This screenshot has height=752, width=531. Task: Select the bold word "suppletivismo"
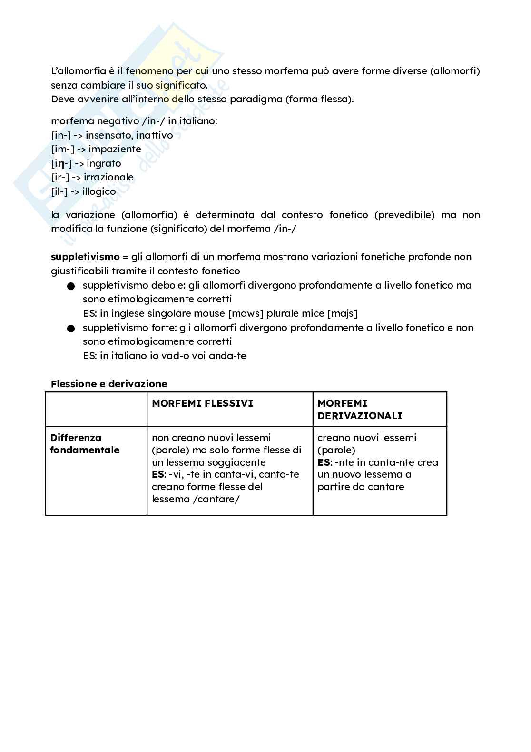point(85,257)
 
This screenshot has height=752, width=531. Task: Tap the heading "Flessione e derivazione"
point(109,384)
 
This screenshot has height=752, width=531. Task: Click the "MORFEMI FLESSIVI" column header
point(202,403)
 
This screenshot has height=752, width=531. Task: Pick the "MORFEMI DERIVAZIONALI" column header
point(360,410)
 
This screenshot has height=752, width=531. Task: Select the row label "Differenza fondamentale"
point(85,444)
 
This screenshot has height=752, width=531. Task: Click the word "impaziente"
point(115,149)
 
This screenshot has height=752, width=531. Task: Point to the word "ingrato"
point(104,163)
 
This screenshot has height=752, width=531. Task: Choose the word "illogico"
point(99,191)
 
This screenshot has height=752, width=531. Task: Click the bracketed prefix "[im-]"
point(63,149)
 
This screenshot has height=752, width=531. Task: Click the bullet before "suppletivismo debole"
point(71,286)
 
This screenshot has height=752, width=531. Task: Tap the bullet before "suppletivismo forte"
point(71,329)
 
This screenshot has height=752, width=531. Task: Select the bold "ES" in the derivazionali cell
point(324,462)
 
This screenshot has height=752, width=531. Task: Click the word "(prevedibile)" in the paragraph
point(404,215)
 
